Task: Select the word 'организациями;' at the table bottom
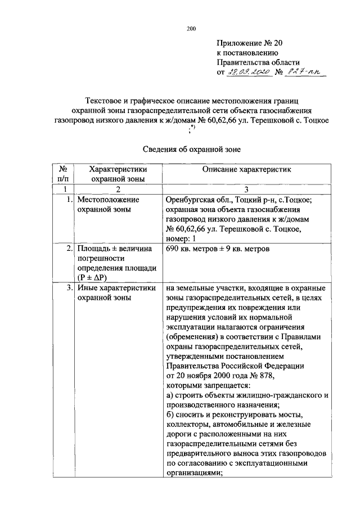195,473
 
